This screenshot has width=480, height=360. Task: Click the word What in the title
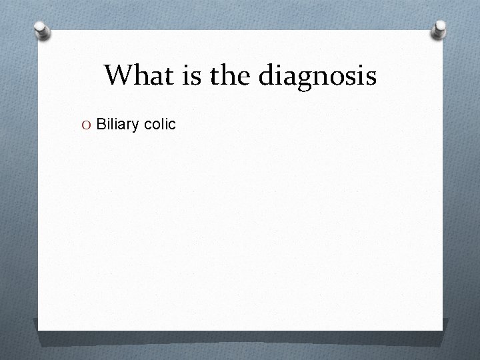pos(136,75)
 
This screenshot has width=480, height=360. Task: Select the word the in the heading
pos(230,75)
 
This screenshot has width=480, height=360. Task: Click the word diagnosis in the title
pos(318,77)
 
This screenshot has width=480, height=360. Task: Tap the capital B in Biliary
pos(101,124)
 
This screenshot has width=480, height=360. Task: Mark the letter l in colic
pos(162,124)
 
